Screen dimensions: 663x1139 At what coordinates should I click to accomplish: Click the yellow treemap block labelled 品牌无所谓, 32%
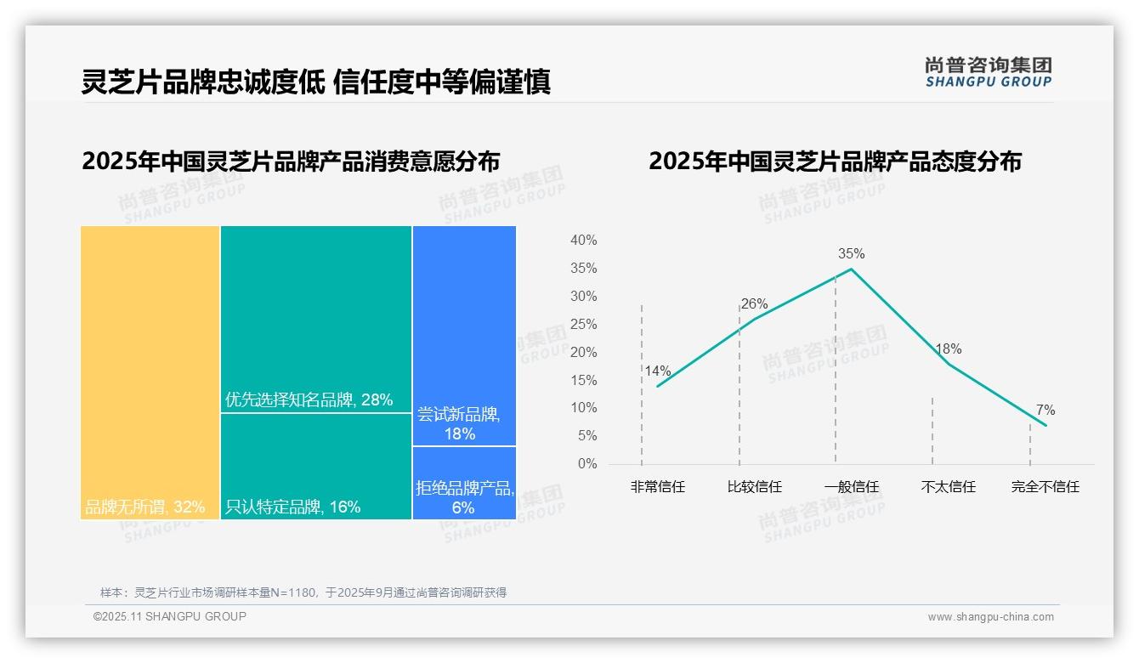click(x=150, y=372)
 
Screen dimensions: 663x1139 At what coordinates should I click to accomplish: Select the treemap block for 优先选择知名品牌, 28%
click(x=316, y=319)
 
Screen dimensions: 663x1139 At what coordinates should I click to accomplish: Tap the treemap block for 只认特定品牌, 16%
click(x=316, y=466)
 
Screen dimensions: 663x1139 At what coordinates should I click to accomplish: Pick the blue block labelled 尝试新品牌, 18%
click(x=464, y=336)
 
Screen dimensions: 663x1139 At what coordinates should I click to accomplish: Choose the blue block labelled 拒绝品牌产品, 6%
click(x=464, y=483)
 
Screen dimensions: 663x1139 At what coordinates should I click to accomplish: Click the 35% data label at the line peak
click(x=851, y=253)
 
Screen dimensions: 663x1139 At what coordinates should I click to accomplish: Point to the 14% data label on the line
click(x=658, y=371)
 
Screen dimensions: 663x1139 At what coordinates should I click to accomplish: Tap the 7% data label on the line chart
click(x=1045, y=411)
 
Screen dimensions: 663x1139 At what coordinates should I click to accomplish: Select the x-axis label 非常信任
click(x=658, y=487)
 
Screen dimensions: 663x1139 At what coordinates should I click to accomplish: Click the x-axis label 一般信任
click(x=852, y=487)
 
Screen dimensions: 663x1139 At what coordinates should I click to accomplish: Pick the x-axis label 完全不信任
click(x=1045, y=487)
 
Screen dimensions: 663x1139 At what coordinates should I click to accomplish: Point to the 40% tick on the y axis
click(x=584, y=241)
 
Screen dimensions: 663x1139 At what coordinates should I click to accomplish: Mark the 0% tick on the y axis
click(x=587, y=464)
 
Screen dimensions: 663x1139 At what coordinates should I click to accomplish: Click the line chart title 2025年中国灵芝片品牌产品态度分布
click(x=835, y=161)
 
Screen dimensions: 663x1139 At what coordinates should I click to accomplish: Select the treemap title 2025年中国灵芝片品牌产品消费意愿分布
click(x=291, y=161)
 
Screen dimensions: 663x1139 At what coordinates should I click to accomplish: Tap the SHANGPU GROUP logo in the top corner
click(x=989, y=72)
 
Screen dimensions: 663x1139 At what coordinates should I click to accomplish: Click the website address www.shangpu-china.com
click(x=990, y=617)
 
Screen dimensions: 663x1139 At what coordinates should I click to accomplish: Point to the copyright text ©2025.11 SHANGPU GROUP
click(x=170, y=616)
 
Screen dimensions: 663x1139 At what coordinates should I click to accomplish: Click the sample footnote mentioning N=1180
click(x=303, y=592)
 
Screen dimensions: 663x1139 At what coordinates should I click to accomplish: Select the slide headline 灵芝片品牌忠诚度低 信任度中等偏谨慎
click(x=316, y=82)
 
